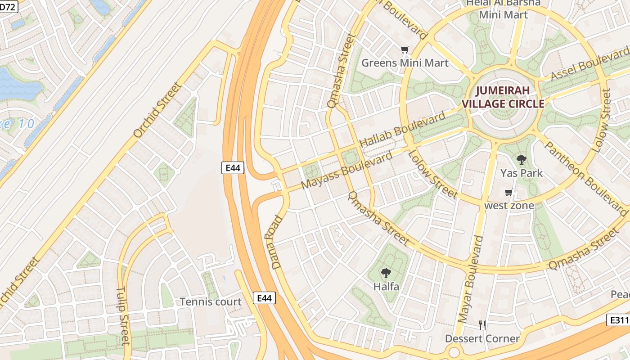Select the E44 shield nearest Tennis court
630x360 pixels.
(264, 298)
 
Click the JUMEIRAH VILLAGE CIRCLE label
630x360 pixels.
(503, 97)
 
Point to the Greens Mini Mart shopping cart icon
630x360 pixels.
(405, 50)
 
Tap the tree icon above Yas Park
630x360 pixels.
(522, 159)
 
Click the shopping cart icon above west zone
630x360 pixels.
(509, 193)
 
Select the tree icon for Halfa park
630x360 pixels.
(386, 273)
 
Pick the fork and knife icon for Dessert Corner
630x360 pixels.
(482, 325)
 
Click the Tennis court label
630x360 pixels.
(211, 301)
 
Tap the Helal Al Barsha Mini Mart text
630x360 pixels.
(503, 9)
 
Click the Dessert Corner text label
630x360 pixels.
(482, 338)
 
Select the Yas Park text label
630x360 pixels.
(522, 173)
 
